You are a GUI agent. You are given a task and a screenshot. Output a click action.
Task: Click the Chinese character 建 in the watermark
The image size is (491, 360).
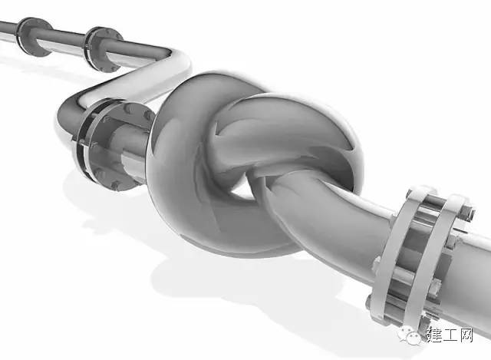coord(433,335)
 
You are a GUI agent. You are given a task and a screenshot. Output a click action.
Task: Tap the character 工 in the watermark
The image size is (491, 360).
coord(450,335)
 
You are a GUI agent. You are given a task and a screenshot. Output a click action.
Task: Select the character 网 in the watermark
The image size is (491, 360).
coord(466,335)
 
